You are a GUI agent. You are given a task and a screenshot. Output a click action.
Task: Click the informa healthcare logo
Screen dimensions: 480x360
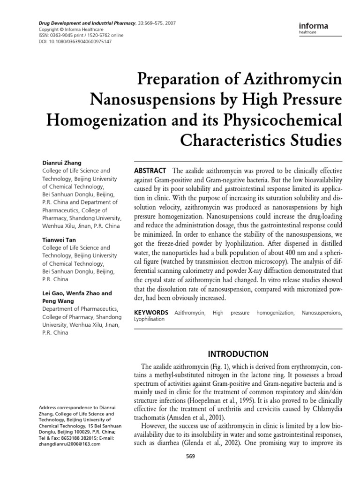313,28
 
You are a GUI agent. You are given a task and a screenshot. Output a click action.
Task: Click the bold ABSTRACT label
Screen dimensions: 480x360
150,170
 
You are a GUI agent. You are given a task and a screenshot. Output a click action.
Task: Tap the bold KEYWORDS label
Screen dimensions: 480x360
151,312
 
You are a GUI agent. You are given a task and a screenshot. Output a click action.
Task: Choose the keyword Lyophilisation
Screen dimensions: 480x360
150,319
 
